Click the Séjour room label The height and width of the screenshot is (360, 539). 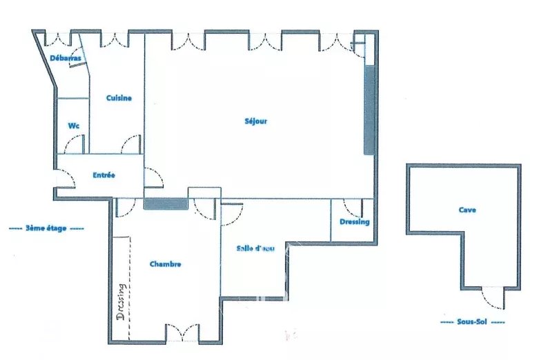(256, 121)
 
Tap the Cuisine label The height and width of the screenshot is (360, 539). (119, 98)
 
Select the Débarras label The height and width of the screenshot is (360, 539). (66, 58)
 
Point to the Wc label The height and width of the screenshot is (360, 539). (74, 126)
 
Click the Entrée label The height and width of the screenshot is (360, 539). (104, 175)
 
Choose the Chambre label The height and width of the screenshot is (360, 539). (166, 264)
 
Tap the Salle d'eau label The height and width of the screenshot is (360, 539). (255, 248)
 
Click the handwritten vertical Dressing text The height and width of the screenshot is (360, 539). (121, 301)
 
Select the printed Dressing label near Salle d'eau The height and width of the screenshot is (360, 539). (355, 222)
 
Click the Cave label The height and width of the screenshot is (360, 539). (467, 210)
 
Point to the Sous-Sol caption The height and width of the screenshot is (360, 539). (472, 322)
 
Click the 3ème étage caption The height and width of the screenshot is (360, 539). (46, 228)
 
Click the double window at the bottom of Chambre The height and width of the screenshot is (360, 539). (182, 332)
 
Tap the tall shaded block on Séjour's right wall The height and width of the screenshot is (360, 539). (369, 110)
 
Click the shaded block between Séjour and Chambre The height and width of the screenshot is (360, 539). (166, 204)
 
